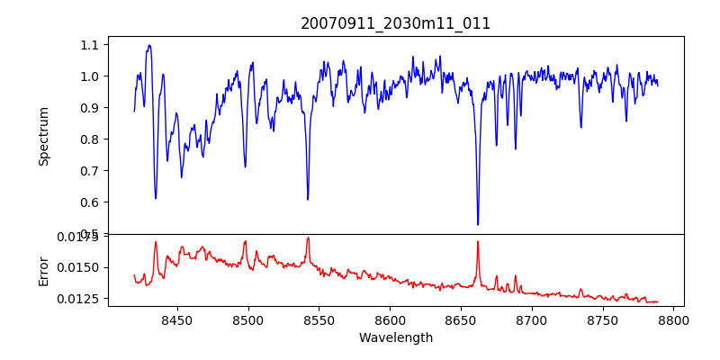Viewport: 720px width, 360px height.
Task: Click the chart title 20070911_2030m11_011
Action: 396,23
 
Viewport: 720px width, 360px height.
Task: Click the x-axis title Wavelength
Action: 396,338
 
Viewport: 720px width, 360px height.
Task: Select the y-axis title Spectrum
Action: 43,136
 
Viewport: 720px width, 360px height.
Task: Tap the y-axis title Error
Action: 43,270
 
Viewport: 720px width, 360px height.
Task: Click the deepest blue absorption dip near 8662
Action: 478,224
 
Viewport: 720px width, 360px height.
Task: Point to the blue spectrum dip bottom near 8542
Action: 308,199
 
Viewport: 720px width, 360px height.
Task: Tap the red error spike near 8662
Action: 478,241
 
